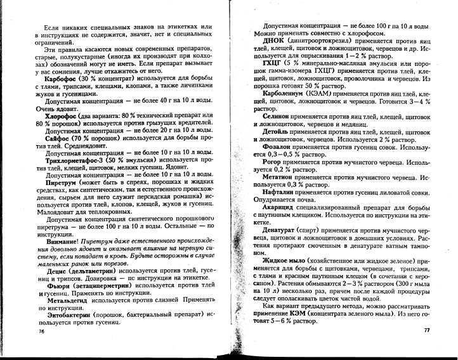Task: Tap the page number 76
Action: coord(43,331)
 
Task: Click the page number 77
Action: coord(426,330)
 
